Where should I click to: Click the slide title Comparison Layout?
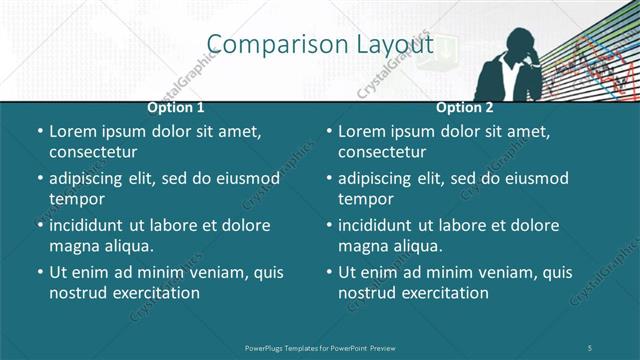pyautogui.click(x=320, y=45)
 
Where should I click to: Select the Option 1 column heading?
pyautogui.click(x=176, y=107)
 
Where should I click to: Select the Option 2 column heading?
pyautogui.click(x=465, y=107)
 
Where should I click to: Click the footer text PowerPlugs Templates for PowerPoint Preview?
pyautogui.click(x=320, y=347)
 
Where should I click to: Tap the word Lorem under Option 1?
pyautogui.click(x=73, y=131)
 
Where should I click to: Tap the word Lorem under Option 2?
pyautogui.click(x=362, y=131)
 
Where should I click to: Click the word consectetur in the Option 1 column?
pyautogui.click(x=93, y=152)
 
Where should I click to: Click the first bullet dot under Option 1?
pyautogui.click(x=39, y=132)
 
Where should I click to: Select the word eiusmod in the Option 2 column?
pyautogui.click(x=535, y=178)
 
